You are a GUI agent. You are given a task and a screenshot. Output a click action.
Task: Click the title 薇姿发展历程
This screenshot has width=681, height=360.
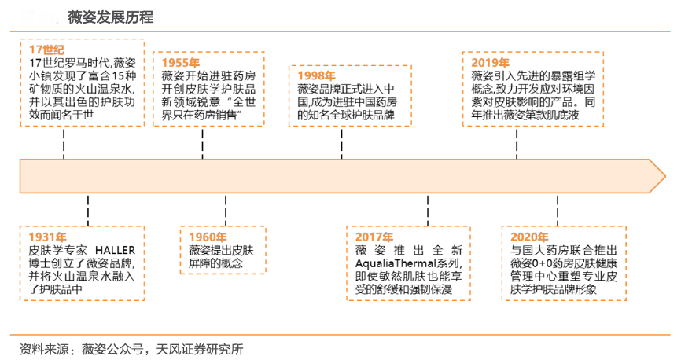point(111,17)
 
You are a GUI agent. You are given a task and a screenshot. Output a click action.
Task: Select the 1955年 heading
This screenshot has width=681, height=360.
point(181,63)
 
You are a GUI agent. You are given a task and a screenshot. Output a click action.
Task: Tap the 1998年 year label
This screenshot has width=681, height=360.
point(317,75)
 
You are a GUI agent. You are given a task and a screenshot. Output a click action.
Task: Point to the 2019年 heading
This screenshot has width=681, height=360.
point(490,63)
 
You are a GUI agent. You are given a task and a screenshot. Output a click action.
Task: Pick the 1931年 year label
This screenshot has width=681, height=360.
point(46,237)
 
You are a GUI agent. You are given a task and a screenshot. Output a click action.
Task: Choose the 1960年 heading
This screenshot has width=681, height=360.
point(208,237)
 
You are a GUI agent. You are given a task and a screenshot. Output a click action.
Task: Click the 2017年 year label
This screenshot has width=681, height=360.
point(374,237)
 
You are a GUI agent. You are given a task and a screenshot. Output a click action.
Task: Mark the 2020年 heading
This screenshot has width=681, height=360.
point(528,237)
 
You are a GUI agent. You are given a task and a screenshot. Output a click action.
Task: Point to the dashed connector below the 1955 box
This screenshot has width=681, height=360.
point(204,142)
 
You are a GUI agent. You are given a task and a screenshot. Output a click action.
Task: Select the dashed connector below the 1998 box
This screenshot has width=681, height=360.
point(342,142)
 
